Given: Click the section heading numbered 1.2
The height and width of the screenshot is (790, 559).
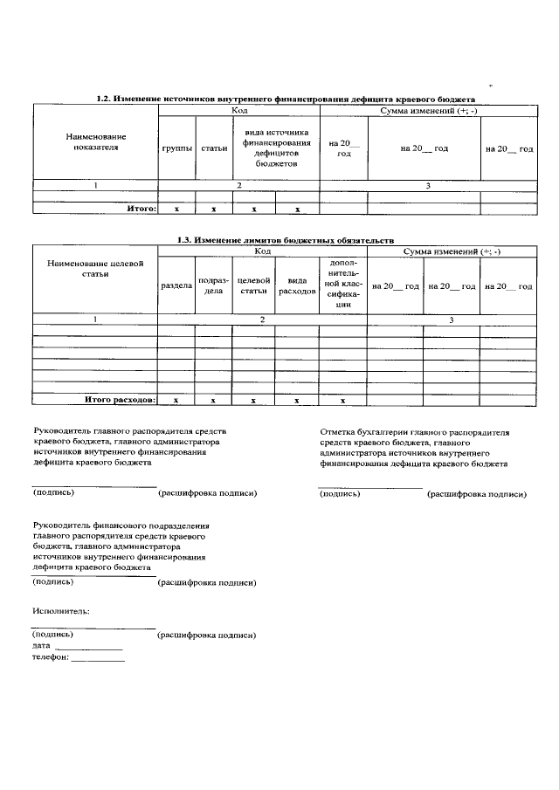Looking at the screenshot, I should point(285,100).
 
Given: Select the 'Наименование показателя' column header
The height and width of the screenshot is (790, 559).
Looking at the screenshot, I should point(95,142).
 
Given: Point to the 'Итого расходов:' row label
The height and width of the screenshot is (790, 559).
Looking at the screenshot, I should point(120,400).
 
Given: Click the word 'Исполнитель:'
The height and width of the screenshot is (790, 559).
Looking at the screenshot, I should point(61,611).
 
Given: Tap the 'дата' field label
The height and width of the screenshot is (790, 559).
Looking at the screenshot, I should point(41,645).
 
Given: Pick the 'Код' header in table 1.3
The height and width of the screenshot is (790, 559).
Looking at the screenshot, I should point(262,251).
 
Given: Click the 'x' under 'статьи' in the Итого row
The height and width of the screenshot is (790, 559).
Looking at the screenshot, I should point(213,210).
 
